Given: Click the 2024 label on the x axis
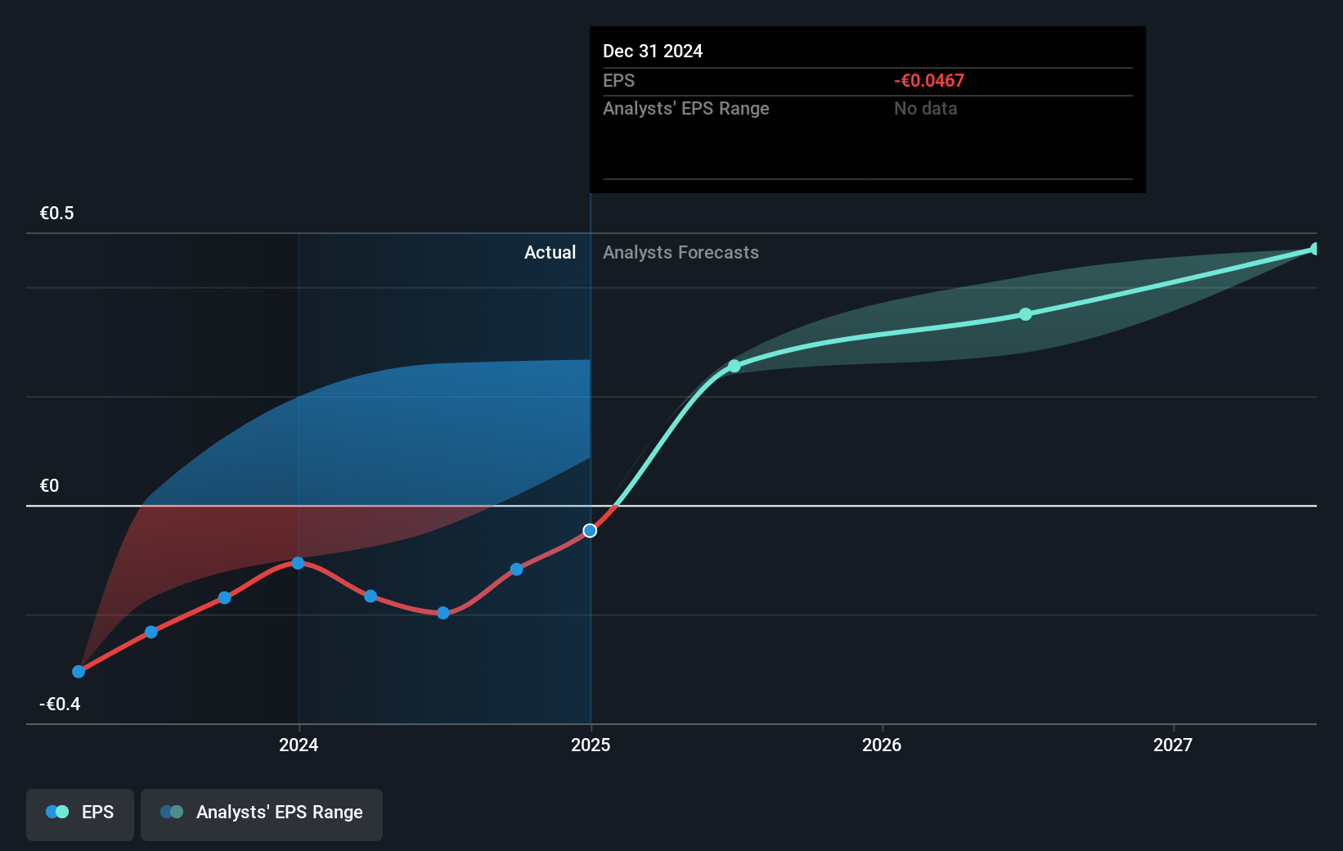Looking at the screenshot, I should coord(299,745).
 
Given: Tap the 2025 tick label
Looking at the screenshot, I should coord(591,745).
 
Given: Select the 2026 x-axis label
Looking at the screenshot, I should coord(882,745).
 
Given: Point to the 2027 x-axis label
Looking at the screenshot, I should coord(1173,745).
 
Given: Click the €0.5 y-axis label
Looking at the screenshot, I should coord(56,214).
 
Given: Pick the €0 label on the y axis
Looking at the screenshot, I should coord(49,486).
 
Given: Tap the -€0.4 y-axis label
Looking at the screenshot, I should coord(60,705).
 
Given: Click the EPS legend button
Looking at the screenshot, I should coord(80,813).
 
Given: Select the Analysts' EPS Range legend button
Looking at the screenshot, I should coord(262,813).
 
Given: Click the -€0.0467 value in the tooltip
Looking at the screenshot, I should coord(929,81).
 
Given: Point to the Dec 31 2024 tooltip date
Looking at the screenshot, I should coord(653,52).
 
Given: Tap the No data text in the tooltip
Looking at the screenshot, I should coord(925,109).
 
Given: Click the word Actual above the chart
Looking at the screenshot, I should coord(550,253).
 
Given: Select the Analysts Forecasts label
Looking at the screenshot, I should coord(680,253).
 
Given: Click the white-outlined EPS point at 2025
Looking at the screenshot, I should coord(590,531).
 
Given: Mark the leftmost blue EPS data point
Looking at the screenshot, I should coord(79,672).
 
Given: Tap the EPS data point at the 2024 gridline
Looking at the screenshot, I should coord(298,563).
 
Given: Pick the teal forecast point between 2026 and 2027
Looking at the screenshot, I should coord(1026,314).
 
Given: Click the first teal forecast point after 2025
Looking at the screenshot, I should coord(734,366).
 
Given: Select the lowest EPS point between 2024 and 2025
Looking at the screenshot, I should coord(443,613).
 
